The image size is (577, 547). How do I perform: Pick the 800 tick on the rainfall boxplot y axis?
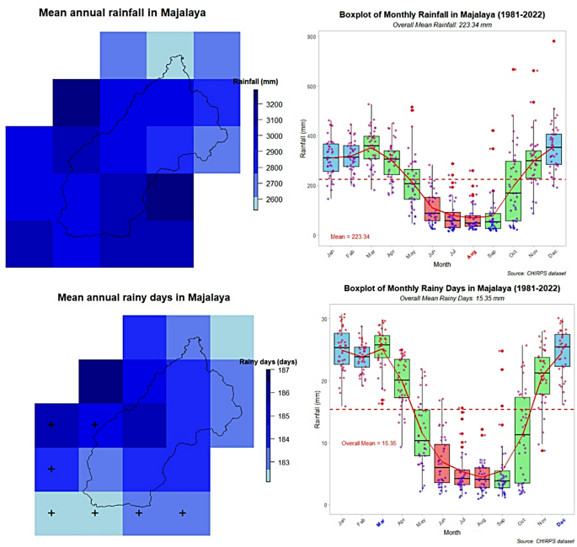pos(311,38)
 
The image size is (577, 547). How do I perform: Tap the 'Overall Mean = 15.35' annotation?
pos(368,443)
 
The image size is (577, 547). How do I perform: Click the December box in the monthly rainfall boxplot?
pos(553,149)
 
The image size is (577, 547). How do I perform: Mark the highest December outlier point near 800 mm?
pos(553,41)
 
